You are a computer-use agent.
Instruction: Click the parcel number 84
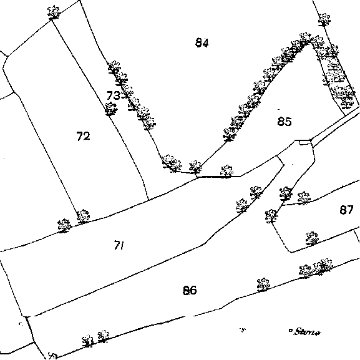point(202,42)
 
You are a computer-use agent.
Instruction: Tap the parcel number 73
point(114,95)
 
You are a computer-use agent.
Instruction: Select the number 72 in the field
point(83,136)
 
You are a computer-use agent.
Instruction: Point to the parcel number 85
point(285,122)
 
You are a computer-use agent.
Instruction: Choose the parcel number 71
point(119,245)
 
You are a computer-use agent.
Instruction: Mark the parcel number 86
point(190,291)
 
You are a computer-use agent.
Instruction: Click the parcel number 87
point(346,210)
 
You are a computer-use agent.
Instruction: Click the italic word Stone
point(307,332)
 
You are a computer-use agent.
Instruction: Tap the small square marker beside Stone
point(291,331)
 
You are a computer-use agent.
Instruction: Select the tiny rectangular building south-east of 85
point(305,142)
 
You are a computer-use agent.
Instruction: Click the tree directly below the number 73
point(111,109)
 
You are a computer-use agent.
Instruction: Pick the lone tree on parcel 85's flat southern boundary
point(226,172)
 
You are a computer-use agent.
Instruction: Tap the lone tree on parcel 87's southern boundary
point(312,239)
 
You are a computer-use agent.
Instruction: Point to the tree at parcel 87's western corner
point(271,216)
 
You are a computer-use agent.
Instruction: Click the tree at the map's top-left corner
point(54,12)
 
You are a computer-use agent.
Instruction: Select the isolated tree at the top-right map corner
point(324,19)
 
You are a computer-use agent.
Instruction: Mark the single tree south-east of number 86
point(263,285)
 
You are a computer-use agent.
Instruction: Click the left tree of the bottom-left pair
point(87,341)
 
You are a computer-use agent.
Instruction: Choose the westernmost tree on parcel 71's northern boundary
point(64,225)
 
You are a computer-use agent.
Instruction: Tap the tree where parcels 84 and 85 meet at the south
point(195,167)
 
